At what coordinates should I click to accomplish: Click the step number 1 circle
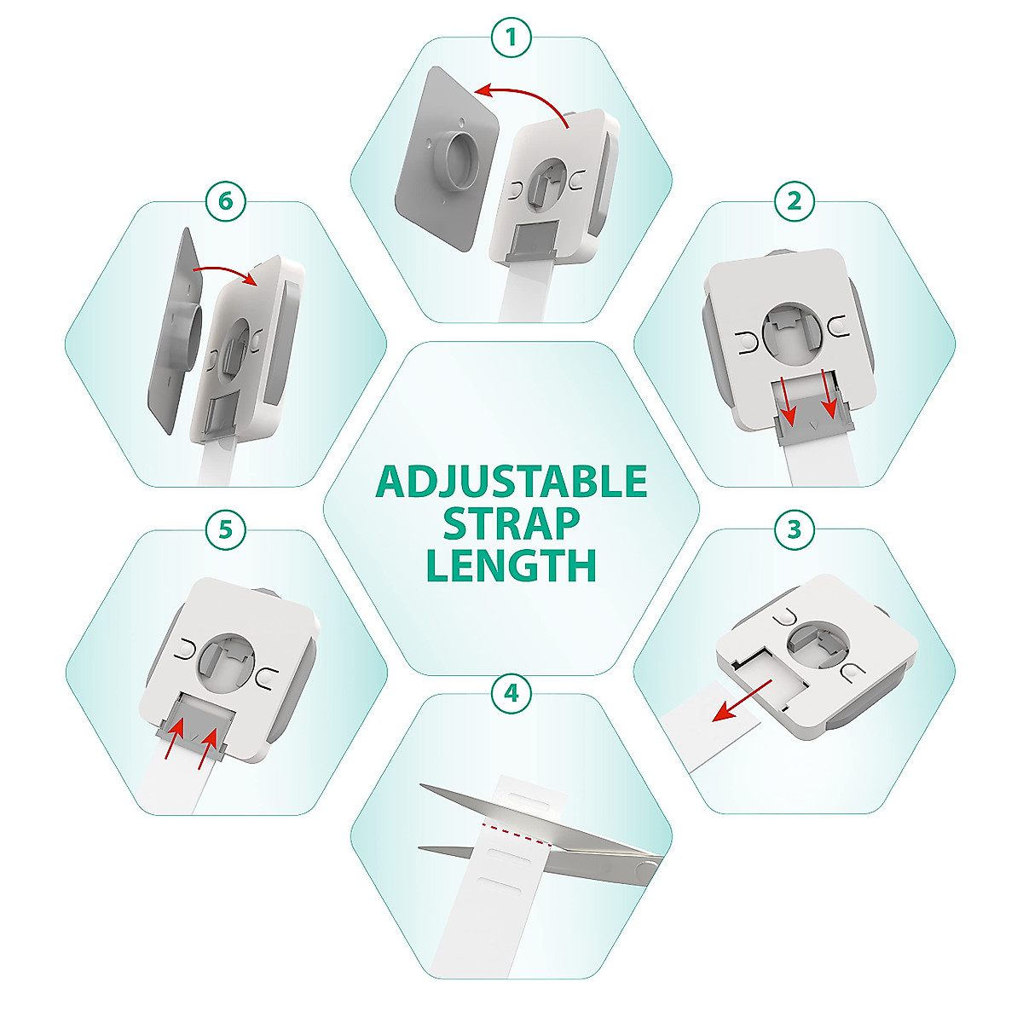tap(511, 38)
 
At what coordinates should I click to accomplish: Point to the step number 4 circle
tap(511, 693)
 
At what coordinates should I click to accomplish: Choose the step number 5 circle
tap(226, 529)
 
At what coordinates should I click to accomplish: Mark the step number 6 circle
tap(226, 202)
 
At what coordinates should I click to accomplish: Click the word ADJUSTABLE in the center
tap(511, 483)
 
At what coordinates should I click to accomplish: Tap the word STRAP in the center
tap(511, 523)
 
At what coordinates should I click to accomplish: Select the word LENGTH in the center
tap(511, 564)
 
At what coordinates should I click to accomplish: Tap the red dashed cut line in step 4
tap(517, 833)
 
